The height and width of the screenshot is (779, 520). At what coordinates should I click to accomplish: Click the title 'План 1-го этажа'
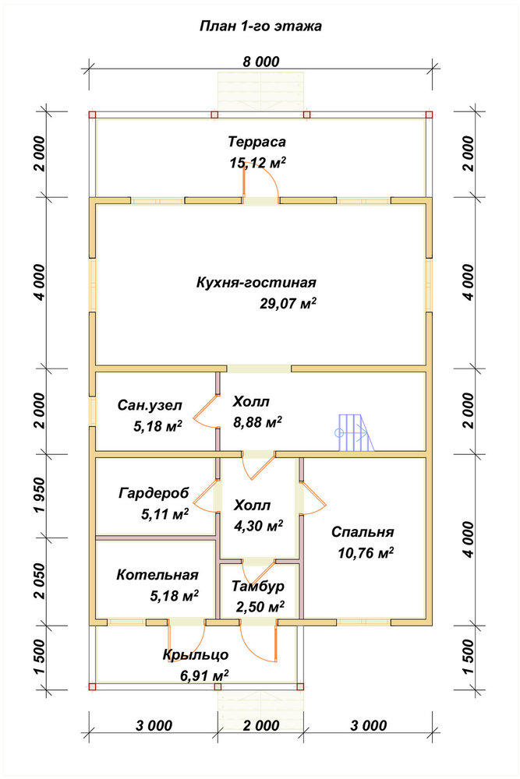260,26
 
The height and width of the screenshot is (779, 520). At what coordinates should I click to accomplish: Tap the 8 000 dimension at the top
261,62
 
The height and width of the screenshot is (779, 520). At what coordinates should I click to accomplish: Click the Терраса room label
257,142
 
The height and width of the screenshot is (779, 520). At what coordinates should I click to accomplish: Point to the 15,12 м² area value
257,163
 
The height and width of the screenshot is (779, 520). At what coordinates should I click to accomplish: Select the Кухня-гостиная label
256,283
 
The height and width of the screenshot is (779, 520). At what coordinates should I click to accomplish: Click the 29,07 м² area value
288,304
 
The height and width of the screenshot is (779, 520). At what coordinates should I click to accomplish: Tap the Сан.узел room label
150,405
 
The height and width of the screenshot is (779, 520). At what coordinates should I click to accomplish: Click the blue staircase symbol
354,432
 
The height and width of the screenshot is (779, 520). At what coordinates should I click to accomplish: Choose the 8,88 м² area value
257,422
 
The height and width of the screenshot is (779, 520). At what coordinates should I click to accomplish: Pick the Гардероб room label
154,493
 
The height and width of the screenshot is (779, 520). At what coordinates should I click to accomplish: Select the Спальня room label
363,532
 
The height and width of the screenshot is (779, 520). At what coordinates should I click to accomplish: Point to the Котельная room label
157,575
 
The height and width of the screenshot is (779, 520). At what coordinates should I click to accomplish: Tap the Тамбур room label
258,587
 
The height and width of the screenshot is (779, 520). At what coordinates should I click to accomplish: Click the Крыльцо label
196,655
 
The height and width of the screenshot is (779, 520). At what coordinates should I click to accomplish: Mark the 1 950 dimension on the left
40,495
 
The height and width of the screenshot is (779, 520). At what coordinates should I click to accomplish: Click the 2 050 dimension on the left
40,581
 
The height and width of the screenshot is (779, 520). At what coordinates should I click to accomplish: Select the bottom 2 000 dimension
261,725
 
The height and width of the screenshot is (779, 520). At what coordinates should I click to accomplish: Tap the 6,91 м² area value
203,675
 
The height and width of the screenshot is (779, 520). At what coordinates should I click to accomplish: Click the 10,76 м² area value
366,553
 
